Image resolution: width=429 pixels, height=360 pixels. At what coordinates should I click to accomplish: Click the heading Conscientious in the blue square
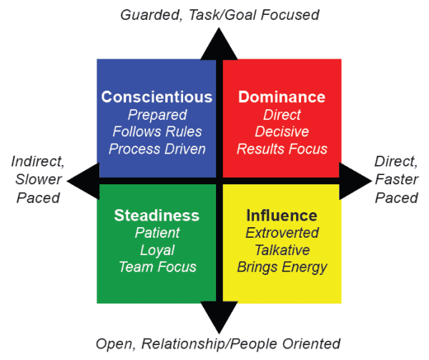coord(157,97)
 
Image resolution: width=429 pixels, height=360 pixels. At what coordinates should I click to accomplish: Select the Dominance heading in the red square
coord(281,97)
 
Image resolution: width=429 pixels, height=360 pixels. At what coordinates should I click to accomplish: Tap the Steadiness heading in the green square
coord(157,215)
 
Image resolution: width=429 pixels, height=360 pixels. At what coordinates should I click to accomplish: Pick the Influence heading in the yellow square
coord(281,215)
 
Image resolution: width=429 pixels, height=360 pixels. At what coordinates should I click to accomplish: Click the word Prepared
coord(157,115)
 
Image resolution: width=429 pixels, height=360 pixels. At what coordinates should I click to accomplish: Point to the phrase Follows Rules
coord(157,132)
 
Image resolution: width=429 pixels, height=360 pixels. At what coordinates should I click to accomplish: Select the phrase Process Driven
coord(157,149)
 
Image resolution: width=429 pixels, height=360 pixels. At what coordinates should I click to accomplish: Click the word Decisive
coord(282,132)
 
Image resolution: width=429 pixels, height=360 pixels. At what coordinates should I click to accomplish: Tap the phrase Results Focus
coord(282,149)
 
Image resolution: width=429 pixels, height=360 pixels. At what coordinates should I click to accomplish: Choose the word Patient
coord(157,233)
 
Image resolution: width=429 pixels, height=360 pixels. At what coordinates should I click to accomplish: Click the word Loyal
coord(157,250)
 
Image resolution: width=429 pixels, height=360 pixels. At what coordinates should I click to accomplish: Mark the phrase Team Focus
coord(157,267)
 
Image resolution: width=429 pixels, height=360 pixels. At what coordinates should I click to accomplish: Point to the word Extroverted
coord(282,233)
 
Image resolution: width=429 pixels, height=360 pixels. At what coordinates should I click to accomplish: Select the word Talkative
coord(282,250)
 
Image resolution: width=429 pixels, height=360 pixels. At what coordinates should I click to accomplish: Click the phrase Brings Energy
coord(282,267)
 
